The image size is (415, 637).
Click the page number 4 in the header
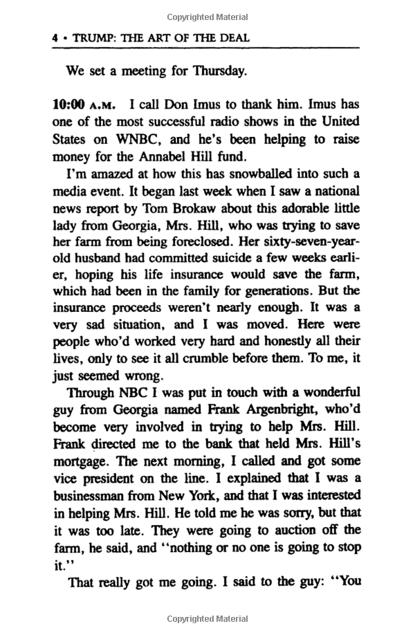click(x=54, y=38)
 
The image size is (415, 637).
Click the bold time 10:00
click(x=68, y=104)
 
